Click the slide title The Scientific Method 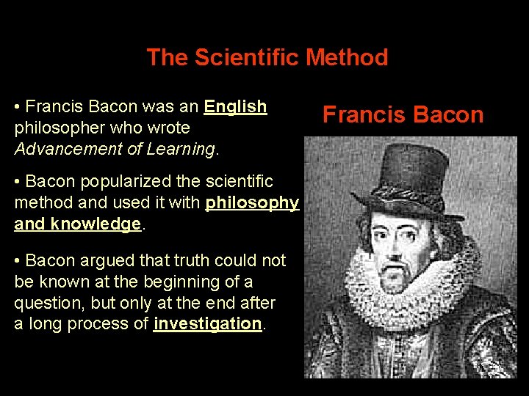267,57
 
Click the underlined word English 235,107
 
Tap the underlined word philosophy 252,202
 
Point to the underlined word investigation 207,323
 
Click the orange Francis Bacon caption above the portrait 403,114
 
